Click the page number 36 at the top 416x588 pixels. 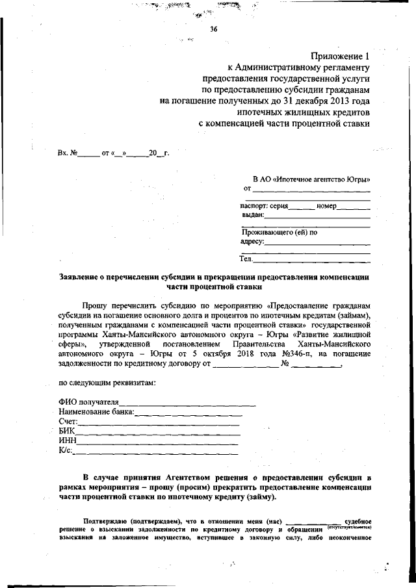pyautogui.click(x=213, y=28)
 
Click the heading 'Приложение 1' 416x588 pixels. pyautogui.click(x=343, y=56)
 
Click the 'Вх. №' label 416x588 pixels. pyautogui.click(x=66, y=153)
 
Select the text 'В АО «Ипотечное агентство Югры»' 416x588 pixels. pyautogui.click(x=311, y=178)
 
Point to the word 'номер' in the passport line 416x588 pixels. pyautogui.click(x=328, y=206)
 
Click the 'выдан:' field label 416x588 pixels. pyautogui.click(x=252, y=214)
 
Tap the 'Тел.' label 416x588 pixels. pyautogui.click(x=246, y=259)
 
